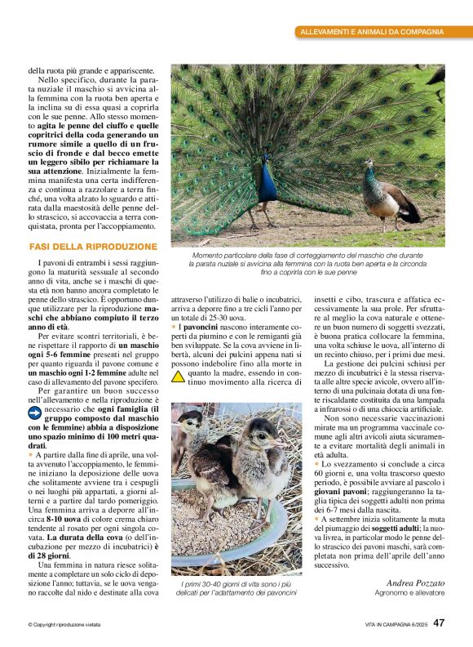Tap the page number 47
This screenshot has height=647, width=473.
439,622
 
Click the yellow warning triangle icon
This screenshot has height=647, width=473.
178,377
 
